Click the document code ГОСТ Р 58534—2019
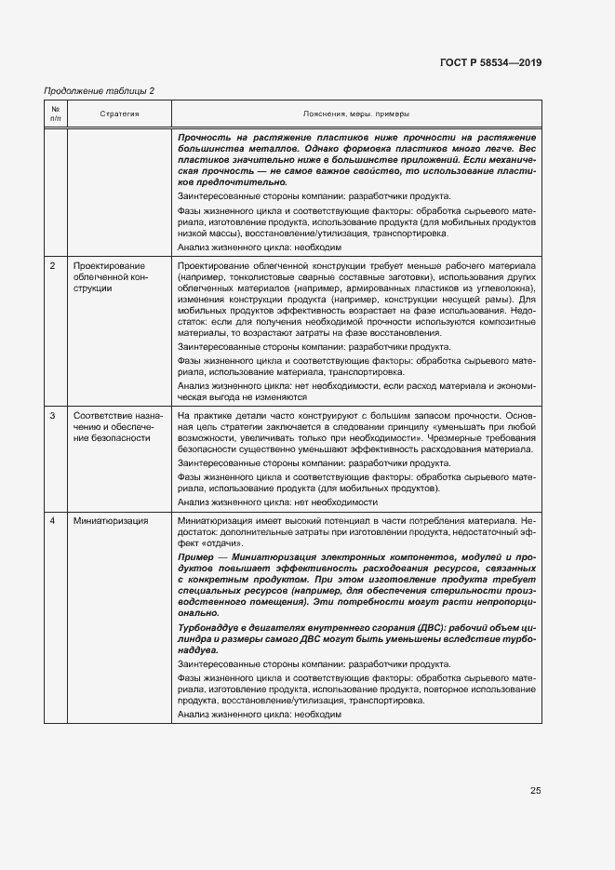point(490,62)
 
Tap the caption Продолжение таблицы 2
point(100,90)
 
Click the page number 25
point(535,791)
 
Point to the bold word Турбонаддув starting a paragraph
point(208,629)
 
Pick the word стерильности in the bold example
point(436,590)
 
